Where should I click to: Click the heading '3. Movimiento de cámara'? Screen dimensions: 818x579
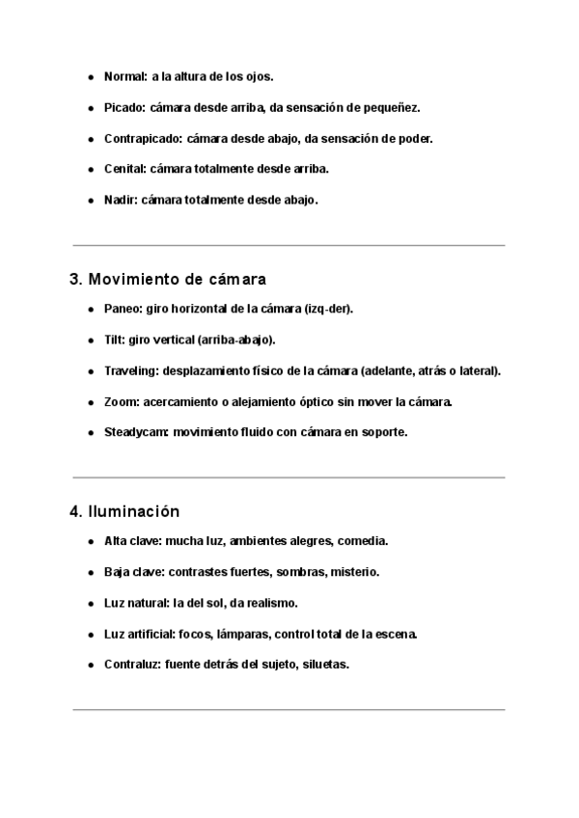[x=168, y=280]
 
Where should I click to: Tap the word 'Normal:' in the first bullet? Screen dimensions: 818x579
[x=125, y=75]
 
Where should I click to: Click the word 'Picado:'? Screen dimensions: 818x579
[x=125, y=107]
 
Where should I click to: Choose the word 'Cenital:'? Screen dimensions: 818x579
[x=125, y=169]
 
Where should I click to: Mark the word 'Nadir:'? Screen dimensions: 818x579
[x=121, y=201]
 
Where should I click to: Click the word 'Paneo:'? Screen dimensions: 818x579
[x=123, y=309]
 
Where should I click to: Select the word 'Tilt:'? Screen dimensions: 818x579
[x=114, y=340]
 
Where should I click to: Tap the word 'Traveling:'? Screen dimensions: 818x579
[x=131, y=370]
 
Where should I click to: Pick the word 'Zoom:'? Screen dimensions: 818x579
[x=121, y=401]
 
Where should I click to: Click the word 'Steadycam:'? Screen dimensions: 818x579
[x=137, y=432]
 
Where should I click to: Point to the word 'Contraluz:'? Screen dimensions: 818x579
[x=132, y=665]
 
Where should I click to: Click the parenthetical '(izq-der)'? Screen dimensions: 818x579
[x=327, y=309]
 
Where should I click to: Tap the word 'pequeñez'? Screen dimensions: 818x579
[x=394, y=107]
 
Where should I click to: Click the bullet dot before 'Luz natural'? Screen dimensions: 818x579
[x=91, y=604]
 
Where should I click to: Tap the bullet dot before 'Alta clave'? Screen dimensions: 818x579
[x=91, y=542]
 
